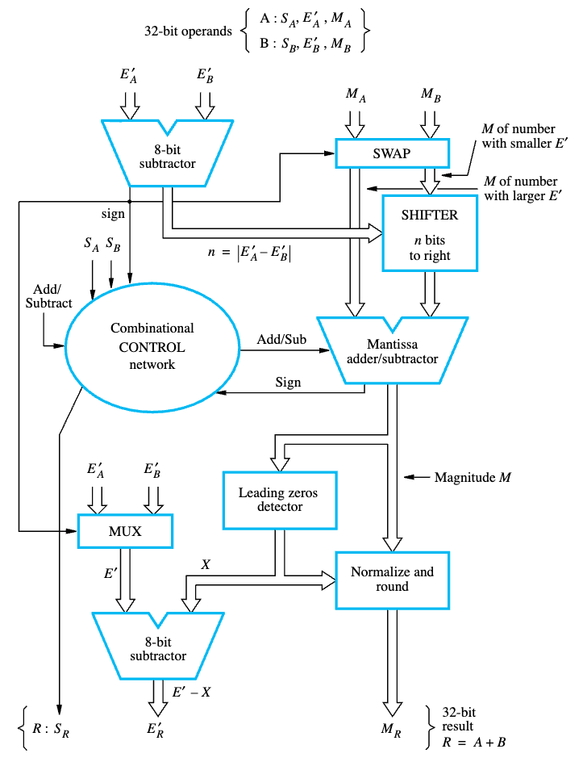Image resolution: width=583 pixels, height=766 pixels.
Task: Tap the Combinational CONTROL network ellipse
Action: pyautogui.click(x=152, y=346)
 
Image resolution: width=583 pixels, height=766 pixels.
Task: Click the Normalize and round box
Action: pyautogui.click(x=392, y=579)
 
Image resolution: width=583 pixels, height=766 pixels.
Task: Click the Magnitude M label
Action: pyautogui.click(x=473, y=477)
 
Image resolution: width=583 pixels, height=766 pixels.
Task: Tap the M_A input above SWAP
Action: pyautogui.click(x=356, y=94)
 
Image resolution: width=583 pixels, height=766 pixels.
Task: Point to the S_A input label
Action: pyautogui.click(x=92, y=245)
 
